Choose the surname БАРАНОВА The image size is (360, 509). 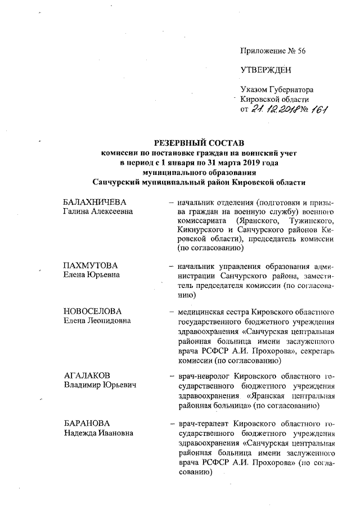pos(86,421)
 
